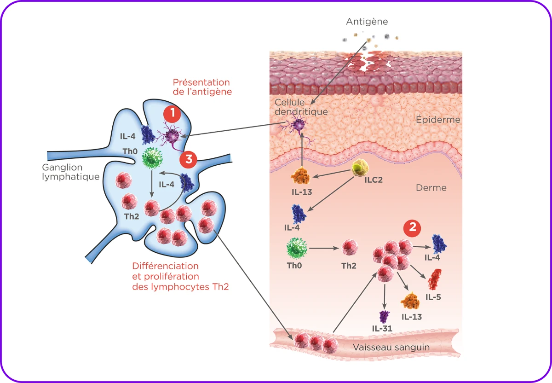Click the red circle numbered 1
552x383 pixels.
tap(172, 114)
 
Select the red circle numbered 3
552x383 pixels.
tap(189, 159)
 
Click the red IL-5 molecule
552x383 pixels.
tap(434, 279)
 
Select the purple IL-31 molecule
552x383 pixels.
tap(384, 317)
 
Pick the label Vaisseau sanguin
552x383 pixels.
tap(391, 347)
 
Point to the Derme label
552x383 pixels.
tap(431, 188)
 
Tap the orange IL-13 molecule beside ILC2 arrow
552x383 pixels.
tap(301, 177)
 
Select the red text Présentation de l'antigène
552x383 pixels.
tap(202, 87)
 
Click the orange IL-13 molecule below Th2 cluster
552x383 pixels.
tap(410, 301)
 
